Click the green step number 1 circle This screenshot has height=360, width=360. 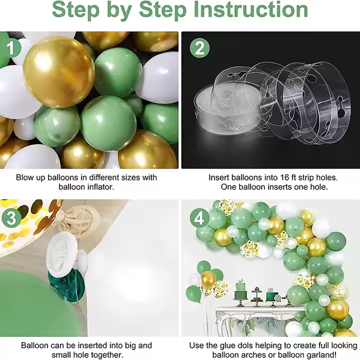[11, 48]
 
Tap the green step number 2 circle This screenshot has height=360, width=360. [199, 48]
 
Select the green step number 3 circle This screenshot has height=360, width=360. [11, 217]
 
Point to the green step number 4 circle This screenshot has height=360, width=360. [199, 217]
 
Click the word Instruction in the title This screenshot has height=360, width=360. [250, 9]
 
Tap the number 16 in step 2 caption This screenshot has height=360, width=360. [284, 177]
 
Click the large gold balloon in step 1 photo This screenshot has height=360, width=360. [59, 72]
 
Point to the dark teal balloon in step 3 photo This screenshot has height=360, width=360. [67, 286]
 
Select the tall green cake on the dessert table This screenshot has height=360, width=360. [240, 291]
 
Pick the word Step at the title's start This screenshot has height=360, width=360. [75, 9]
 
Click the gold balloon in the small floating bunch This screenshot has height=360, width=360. [208, 279]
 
